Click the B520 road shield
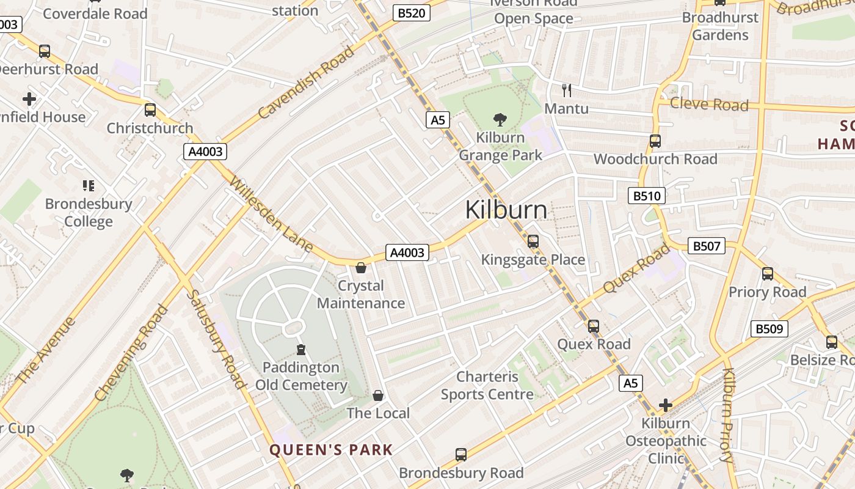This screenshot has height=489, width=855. click(x=411, y=13)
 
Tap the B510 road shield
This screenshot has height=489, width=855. click(x=647, y=196)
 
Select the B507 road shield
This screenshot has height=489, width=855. click(x=707, y=246)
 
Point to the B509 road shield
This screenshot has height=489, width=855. click(x=769, y=329)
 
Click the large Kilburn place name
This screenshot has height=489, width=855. click(x=506, y=210)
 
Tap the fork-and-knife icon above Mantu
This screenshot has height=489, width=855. click(x=567, y=90)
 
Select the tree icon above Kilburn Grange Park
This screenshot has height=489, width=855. click(x=500, y=119)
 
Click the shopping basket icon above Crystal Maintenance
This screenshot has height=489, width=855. click(x=361, y=268)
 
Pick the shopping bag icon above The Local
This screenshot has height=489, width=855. click(x=378, y=395)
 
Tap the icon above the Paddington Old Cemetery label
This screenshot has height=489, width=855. click(x=300, y=350)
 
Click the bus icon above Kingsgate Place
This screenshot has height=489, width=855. click(x=533, y=241)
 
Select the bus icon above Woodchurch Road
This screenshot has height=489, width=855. click(x=655, y=141)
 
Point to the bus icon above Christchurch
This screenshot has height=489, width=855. click(x=150, y=110)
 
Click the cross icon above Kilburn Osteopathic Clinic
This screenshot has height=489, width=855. click(x=666, y=405)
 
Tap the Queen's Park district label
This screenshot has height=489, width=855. click(x=332, y=450)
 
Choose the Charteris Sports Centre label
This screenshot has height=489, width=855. click(x=487, y=385)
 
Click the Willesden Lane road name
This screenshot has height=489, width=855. click(x=272, y=215)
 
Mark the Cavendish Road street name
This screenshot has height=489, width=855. click(x=306, y=82)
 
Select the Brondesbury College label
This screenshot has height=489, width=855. click(x=89, y=212)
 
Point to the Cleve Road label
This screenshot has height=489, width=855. click(x=709, y=104)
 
